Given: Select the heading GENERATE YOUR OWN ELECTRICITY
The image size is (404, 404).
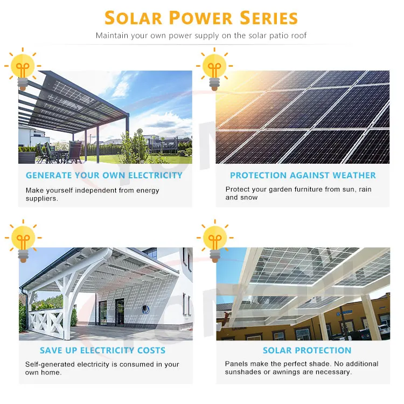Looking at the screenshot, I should pos(104,175).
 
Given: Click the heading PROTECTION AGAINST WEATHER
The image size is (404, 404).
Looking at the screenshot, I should pos(303,175).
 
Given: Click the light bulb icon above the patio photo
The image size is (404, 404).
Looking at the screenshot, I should pos(23,67).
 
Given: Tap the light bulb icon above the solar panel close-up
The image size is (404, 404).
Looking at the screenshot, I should pos(214,67).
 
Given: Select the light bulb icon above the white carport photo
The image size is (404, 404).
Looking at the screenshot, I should pos(23,240).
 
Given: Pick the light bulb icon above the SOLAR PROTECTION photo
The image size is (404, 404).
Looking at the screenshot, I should pos(214,240).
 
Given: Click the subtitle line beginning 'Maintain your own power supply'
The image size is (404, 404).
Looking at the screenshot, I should pos(201,36).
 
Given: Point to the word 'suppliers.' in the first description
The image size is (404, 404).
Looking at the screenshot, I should pos(41,198).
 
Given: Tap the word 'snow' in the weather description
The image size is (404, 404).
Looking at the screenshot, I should pos(249,198).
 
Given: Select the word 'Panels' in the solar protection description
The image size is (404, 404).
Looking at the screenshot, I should pos(236,364).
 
